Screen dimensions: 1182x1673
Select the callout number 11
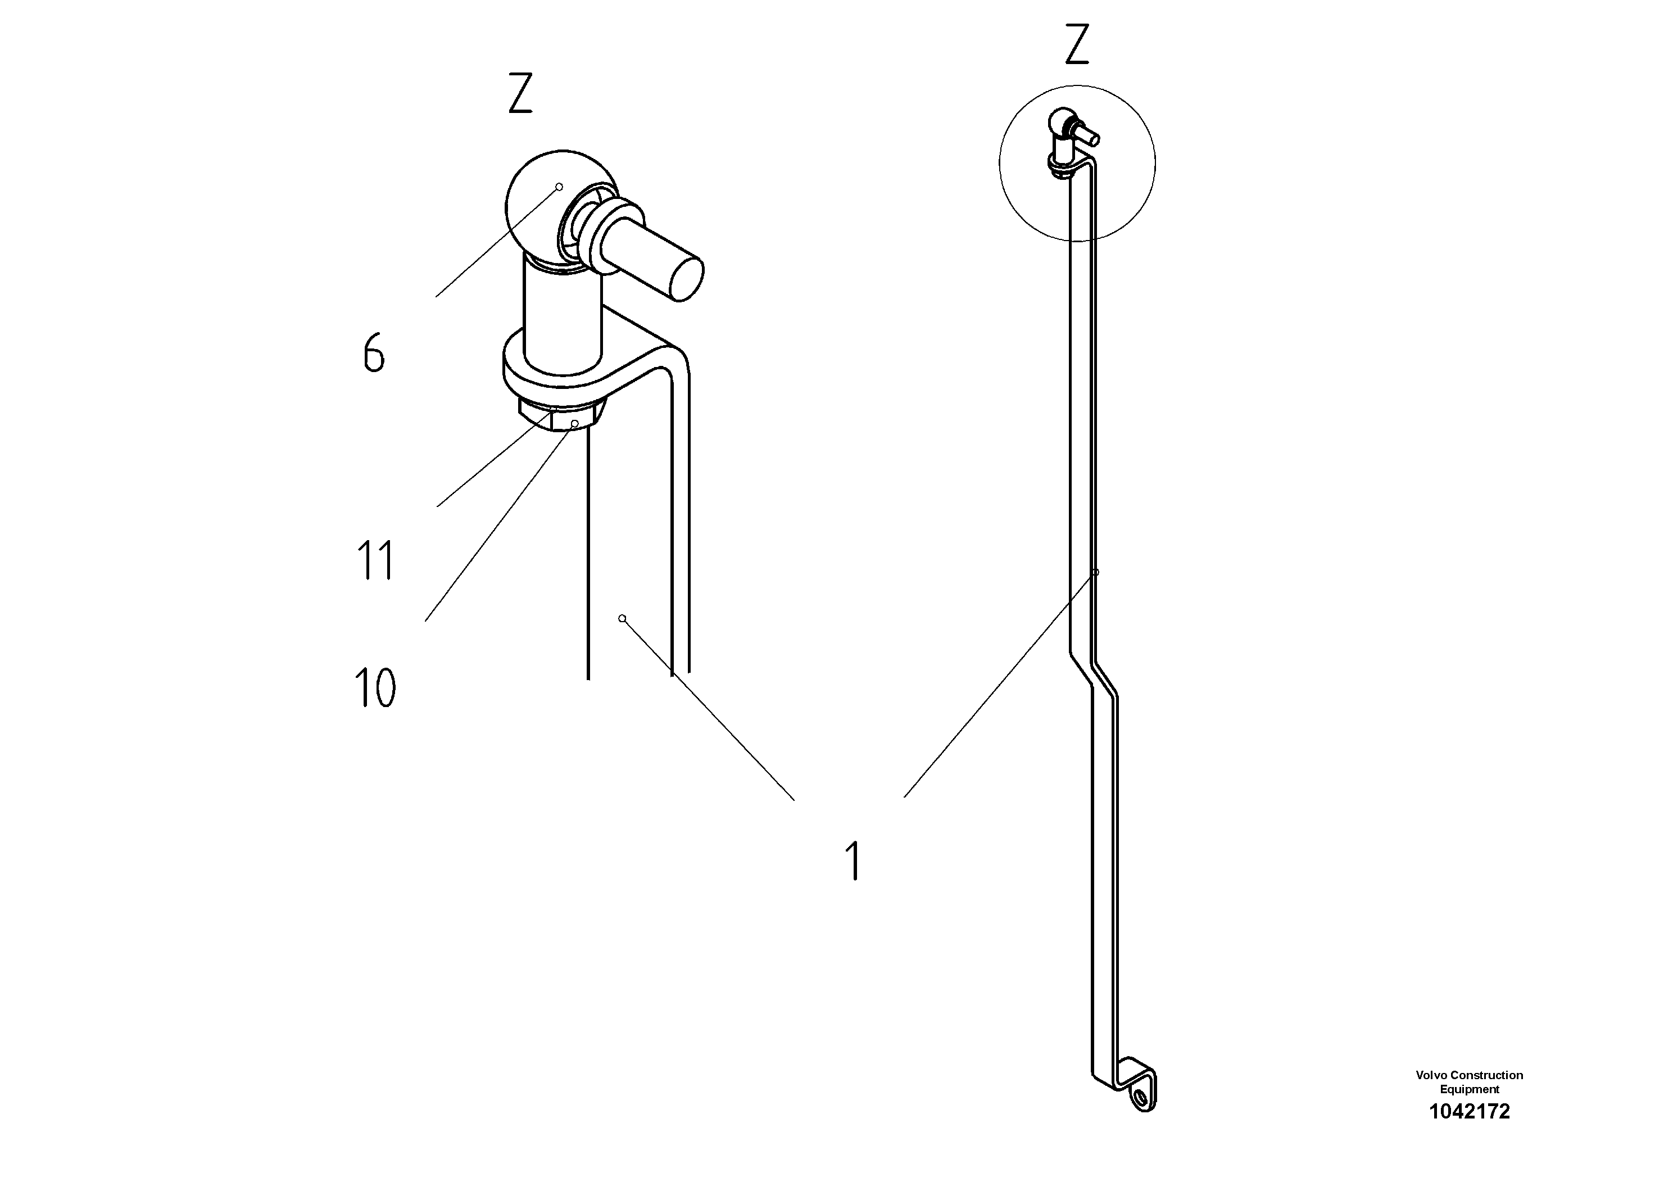point(376,560)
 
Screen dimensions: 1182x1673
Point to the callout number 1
point(853,860)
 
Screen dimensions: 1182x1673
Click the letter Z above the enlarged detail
point(520,93)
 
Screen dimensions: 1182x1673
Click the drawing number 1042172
point(1469,1111)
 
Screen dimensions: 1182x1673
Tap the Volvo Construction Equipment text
point(1469,1081)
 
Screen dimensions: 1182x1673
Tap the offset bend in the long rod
point(1093,674)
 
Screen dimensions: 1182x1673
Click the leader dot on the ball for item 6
point(560,187)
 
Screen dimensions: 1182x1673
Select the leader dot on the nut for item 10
point(575,423)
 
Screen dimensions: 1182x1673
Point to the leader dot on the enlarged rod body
point(622,619)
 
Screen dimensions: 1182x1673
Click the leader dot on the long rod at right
point(1095,573)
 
